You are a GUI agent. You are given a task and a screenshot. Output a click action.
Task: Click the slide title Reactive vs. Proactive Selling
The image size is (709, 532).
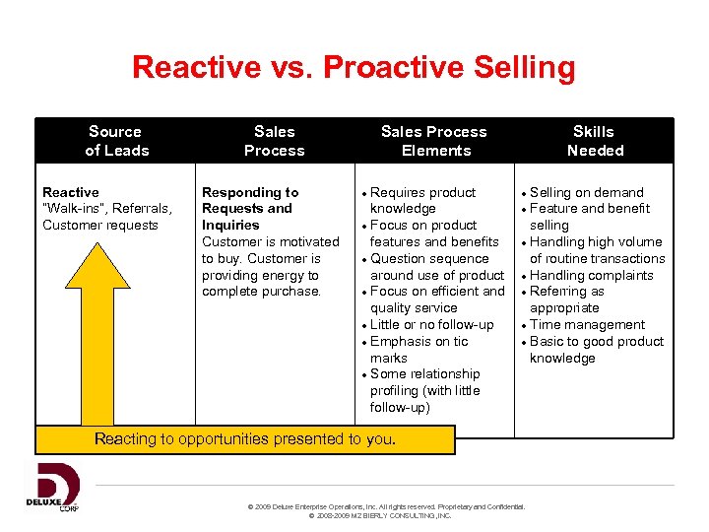point(354,68)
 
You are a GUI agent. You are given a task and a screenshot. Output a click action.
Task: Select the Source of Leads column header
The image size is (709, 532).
point(115,141)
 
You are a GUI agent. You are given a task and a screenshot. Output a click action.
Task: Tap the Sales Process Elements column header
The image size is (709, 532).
point(434,141)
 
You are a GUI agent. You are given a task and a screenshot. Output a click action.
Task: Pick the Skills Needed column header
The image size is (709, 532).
point(594,141)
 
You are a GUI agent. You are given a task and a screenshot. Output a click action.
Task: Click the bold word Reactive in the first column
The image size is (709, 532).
point(71,192)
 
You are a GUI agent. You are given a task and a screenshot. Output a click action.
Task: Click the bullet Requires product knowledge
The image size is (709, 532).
point(422,200)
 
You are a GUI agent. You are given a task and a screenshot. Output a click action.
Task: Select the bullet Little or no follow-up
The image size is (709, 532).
point(431,324)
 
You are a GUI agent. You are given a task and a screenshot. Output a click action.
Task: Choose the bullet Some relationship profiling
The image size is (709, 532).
point(424,390)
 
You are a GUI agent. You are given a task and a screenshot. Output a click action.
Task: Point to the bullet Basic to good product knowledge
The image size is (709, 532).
point(596,349)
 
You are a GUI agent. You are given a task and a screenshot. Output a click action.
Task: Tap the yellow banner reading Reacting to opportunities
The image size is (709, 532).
point(245,439)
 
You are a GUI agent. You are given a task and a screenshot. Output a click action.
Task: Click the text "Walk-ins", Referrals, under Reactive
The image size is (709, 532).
point(107,208)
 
